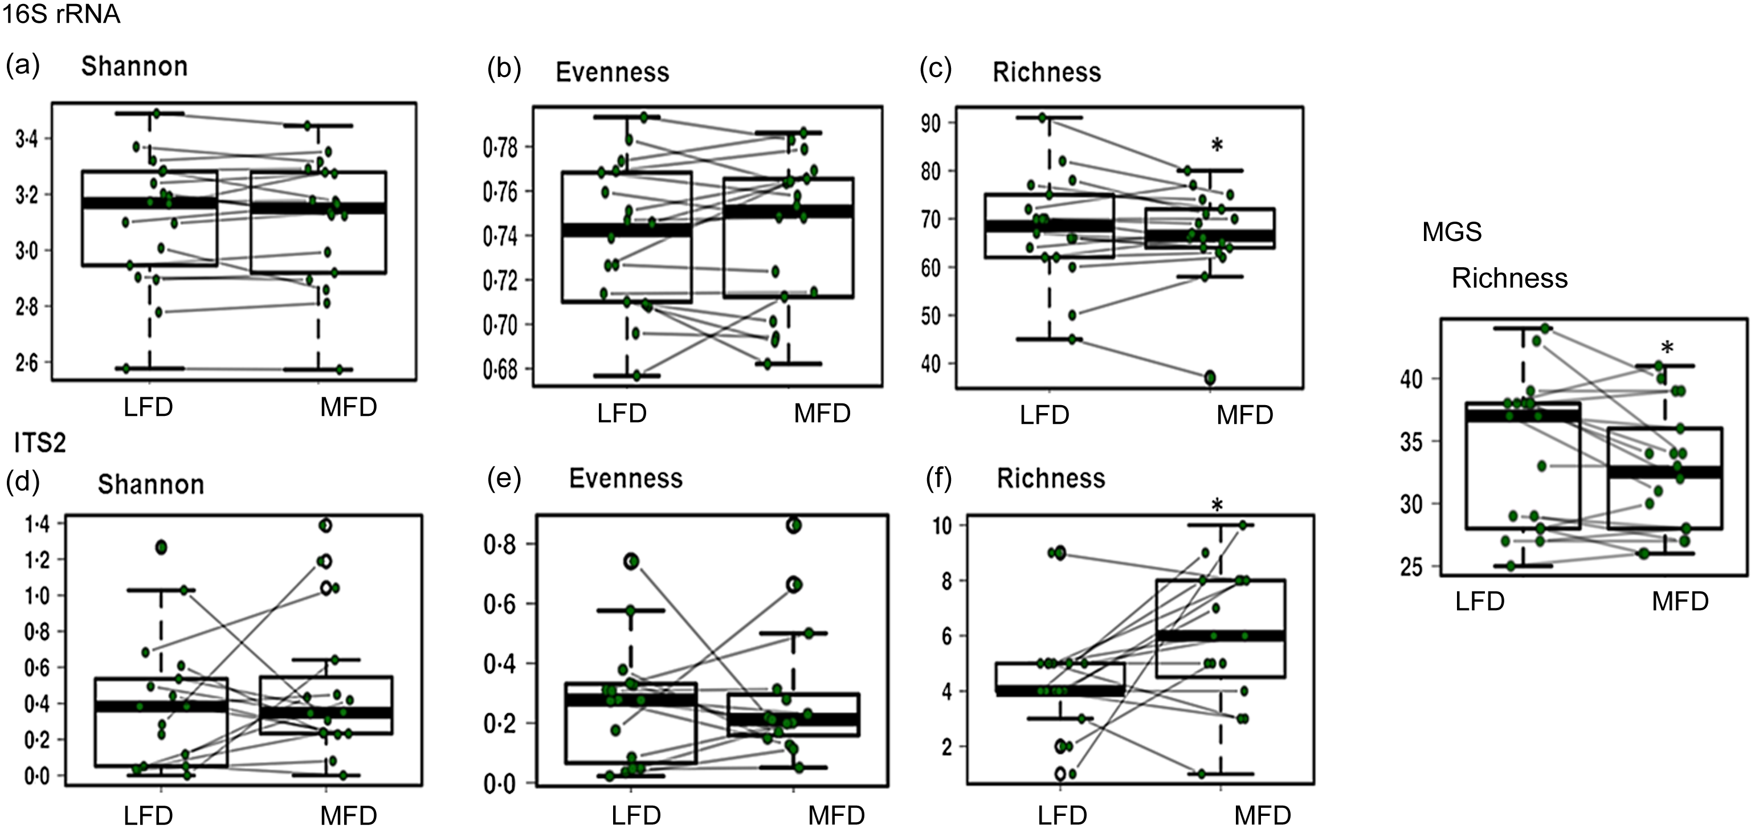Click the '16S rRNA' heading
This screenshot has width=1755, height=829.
(62, 14)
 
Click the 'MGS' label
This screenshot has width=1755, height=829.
(1452, 232)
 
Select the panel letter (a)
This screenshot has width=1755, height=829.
(22, 66)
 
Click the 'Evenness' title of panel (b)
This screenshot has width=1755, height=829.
(612, 72)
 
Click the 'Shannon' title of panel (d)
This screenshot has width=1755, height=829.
(150, 484)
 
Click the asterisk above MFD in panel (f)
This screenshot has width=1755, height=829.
(1217, 505)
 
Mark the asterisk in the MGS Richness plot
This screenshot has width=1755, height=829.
(1667, 349)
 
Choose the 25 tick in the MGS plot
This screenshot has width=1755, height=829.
(1411, 567)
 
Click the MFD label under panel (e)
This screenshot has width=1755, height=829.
(836, 815)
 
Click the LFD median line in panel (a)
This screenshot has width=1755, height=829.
(149, 203)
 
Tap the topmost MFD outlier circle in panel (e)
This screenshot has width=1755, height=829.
(794, 525)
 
